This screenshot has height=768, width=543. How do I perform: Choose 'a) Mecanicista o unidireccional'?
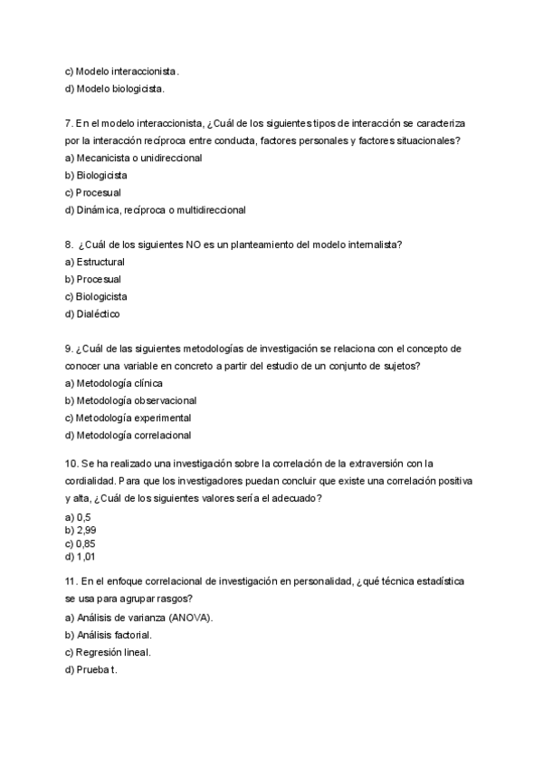tap(133, 158)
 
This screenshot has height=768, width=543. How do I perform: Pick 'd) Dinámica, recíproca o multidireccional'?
tap(155, 209)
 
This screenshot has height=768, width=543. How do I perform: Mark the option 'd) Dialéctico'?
tap(92, 313)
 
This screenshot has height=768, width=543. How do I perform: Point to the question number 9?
tap(69, 349)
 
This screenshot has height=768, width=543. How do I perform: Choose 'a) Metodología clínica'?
tap(113, 383)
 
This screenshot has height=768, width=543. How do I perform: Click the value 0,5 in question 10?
tap(84, 516)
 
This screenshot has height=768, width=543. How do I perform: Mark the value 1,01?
tap(86, 557)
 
